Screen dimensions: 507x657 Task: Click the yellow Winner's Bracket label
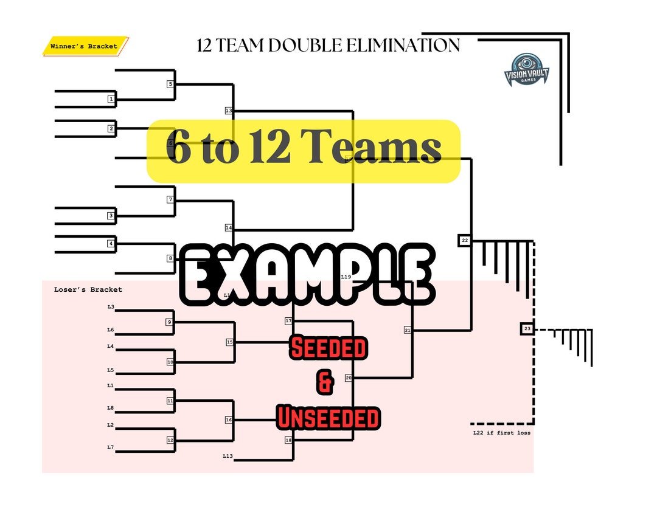click(x=85, y=46)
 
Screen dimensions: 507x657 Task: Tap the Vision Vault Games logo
click(x=526, y=69)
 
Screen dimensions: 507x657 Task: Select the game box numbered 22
click(x=465, y=241)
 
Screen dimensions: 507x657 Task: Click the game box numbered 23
click(x=527, y=329)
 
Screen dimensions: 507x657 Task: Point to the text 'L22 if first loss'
click(x=502, y=433)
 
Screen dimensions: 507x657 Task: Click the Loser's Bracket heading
click(x=88, y=289)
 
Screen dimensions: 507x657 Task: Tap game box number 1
click(x=111, y=98)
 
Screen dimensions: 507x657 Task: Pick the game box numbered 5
click(x=170, y=84)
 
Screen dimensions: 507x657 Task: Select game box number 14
click(x=229, y=227)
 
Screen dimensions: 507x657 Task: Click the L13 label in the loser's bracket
click(x=228, y=455)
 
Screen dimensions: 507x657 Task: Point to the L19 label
click(x=346, y=277)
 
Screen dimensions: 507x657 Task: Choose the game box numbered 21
click(x=408, y=330)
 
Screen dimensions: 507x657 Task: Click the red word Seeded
click(x=328, y=348)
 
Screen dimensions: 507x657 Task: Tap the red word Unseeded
click(x=328, y=418)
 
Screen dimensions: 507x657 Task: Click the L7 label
click(x=111, y=447)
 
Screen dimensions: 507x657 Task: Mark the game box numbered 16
click(x=229, y=420)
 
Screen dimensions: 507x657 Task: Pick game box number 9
click(x=170, y=322)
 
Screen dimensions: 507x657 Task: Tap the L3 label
click(x=111, y=307)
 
